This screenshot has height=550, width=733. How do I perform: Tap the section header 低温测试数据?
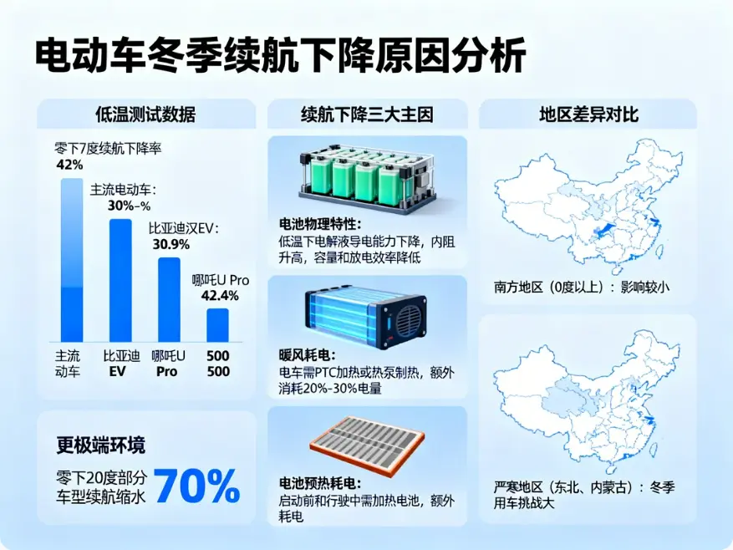145,115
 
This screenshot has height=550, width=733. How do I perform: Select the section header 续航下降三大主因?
367,115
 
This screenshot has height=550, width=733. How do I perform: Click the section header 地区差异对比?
588,115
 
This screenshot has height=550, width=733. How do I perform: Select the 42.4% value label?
221,295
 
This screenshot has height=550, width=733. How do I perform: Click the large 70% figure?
197,486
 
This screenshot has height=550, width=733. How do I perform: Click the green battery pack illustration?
367,176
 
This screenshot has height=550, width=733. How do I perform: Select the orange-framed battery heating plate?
368,443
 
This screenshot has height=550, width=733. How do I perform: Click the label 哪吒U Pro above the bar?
221,280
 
